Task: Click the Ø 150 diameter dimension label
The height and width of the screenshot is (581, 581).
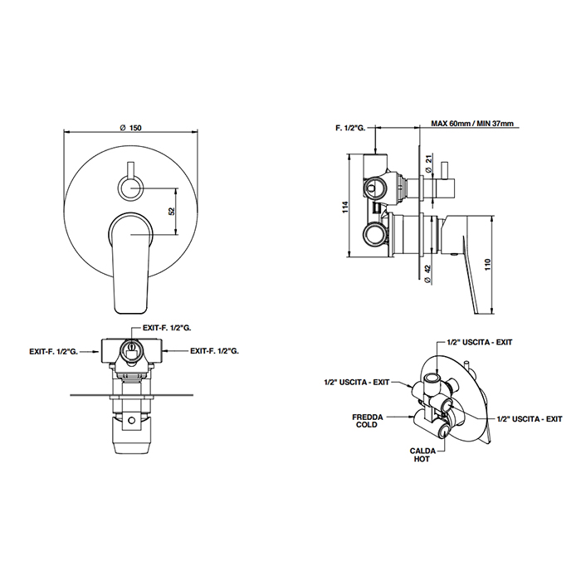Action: click(x=131, y=128)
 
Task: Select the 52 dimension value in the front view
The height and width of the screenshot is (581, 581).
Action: click(x=172, y=211)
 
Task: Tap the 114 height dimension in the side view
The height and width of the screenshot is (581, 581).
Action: click(x=346, y=207)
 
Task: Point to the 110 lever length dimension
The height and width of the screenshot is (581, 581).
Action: click(x=488, y=264)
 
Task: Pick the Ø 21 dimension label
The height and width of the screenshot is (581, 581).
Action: click(x=428, y=164)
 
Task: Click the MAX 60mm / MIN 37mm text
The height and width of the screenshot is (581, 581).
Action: click(x=472, y=124)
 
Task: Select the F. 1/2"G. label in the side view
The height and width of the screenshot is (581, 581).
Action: click(x=350, y=128)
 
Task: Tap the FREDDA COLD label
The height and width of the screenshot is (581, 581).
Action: click(x=367, y=421)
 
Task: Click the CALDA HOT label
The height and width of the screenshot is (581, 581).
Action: click(x=422, y=455)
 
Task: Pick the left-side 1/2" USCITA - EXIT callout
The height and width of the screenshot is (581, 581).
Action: click(x=357, y=382)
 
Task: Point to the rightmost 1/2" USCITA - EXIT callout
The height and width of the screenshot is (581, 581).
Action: click(x=530, y=418)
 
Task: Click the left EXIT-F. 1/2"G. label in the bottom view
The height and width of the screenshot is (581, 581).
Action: click(x=54, y=352)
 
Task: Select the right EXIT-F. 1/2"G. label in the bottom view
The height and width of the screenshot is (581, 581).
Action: click(x=214, y=350)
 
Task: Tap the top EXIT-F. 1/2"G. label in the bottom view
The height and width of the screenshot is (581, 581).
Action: click(x=167, y=329)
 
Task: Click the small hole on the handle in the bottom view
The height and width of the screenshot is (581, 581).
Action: click(x=131, y=420)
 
